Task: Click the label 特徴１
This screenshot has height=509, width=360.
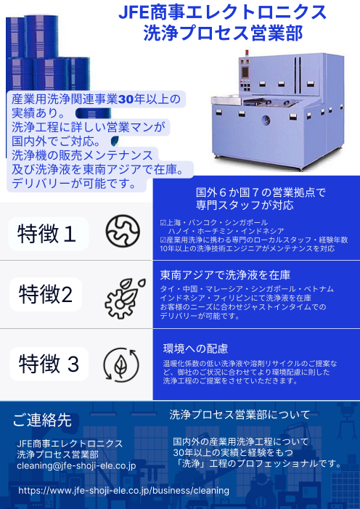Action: pos(47,233)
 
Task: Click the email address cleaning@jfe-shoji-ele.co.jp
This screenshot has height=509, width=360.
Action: pos(76,465)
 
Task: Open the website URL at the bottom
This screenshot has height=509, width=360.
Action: pos(123,491)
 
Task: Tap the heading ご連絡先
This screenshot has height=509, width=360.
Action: pos(43,420)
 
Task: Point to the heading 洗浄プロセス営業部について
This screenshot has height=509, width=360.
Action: pos(240,415)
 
